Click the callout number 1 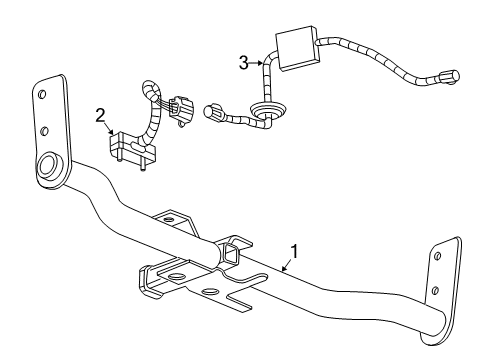coord(293,253)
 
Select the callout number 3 coord(244,63)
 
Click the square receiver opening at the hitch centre coord(232,257)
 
